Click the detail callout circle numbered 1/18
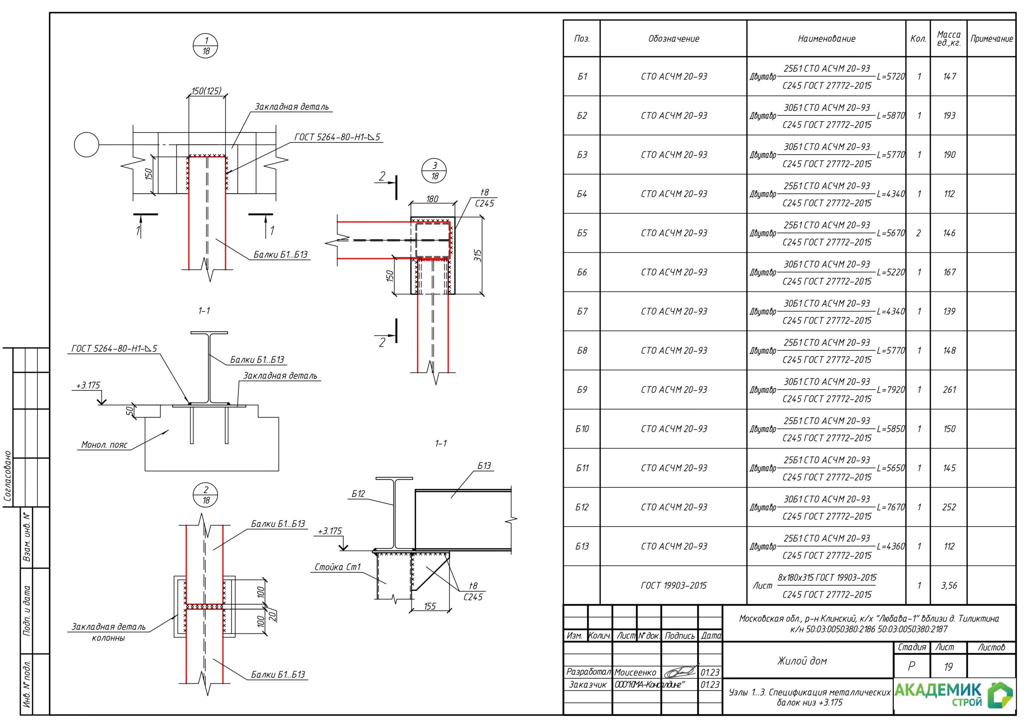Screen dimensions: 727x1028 (x=206, y=46)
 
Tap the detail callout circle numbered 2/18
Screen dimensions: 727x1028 (x=206, y=495)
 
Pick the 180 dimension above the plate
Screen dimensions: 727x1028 (x=432, y=199)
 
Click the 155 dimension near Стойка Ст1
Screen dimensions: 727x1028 (x=430, y=607)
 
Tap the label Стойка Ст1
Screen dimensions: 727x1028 (x=337, y=567)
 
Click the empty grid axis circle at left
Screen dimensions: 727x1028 (x=86, y=145)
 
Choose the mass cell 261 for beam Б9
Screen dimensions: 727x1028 (x=949, y=390)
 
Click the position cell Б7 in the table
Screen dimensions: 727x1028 (x=581, y=311)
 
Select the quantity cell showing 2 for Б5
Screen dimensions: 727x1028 (x=918, y=233)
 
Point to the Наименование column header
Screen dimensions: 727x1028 (x=826, y=39)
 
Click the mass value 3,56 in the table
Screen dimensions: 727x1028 (x=949, y=586)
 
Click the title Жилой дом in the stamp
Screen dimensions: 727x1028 (x=802, y=661)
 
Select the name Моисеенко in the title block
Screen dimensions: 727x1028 (x=635, y=672)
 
